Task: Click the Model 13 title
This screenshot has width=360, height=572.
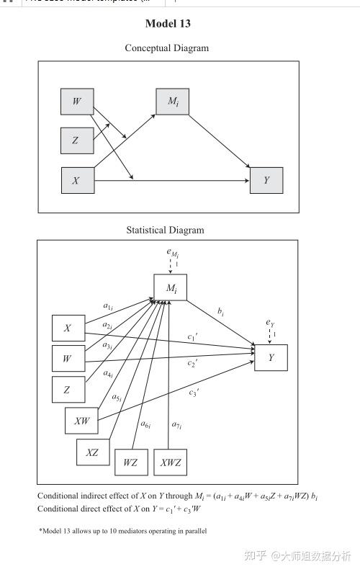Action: click(x=168, y=24)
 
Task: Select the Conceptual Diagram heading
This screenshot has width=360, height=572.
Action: click(x=166, y=48)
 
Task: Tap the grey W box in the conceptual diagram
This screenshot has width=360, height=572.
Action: click(x=76, y=102)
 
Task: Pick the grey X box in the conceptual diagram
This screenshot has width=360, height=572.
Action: click(x=77, y=180)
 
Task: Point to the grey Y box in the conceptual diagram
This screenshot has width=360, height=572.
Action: click(x=266, y=180)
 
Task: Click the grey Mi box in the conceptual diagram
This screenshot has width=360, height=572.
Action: click(x=173, y=102)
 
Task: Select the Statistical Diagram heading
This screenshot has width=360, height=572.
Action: click(x=165, y=231)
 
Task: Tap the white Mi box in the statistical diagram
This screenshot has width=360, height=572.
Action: click(x=170, y=288)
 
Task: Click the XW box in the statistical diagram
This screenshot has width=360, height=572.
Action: click(x=81, y=421)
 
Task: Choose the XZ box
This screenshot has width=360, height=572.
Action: click(x=93, y=452)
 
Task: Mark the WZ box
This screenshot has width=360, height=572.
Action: click(x=130, y=462)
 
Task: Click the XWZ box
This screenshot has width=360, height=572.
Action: click(x=171, y=462)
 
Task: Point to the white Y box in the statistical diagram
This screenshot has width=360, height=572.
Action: click(x=271, y=357)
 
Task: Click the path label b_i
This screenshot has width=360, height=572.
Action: click(x=221, y=311)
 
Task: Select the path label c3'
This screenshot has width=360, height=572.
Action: click(x=194, y=392)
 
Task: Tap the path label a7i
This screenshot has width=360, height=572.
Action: click(x=176, y=425)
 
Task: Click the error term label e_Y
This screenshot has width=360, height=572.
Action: click(x=269, y=323)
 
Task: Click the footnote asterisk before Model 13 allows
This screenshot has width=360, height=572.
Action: click(x=40, y=531)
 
